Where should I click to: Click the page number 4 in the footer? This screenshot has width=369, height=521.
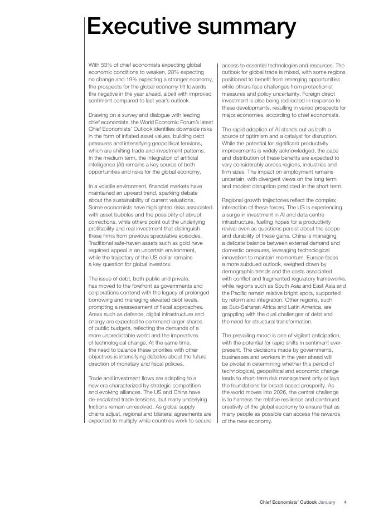(x=345, y=502)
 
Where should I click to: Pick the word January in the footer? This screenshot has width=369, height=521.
(x=327, y=502)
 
